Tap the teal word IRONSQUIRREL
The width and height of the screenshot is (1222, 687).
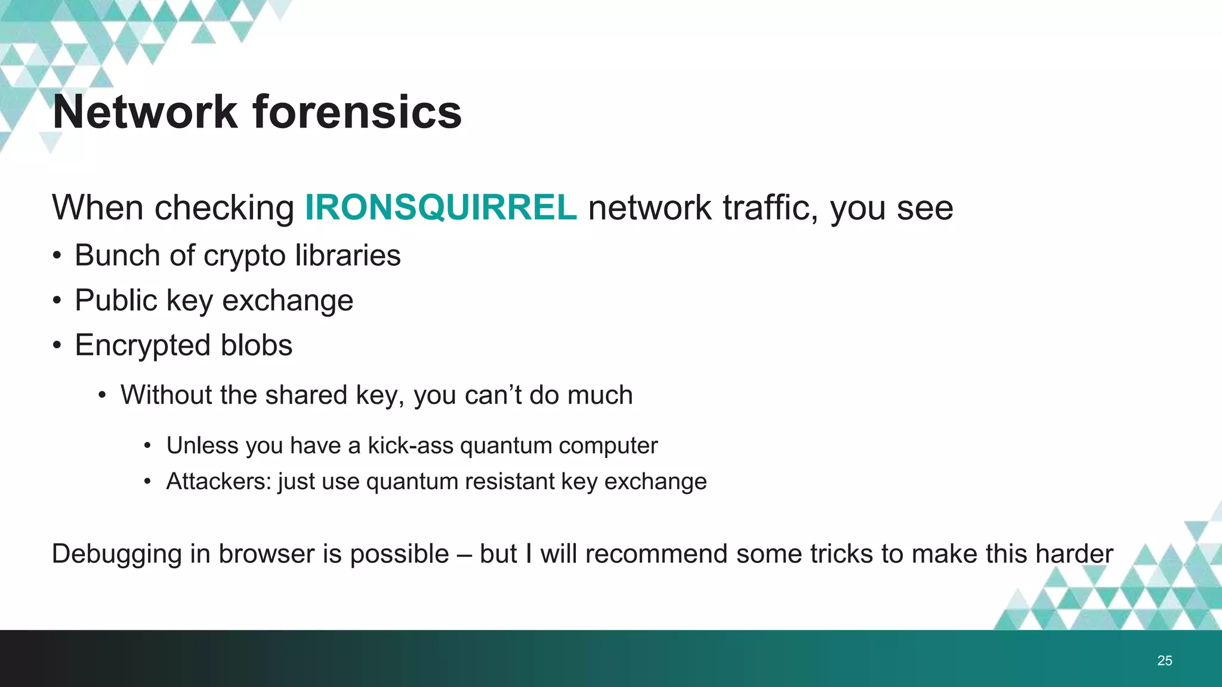pyautogui.click(x=440, y=208)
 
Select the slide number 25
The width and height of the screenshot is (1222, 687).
pyautogui.click(x=1164, y=660)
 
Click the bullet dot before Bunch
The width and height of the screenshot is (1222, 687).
pyautogui.click(x=57, y=256)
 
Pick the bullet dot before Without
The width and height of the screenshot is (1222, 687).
pyautogui.click(x=103, y=395)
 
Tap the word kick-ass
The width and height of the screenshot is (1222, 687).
pyautogui.click(x=410, y=445)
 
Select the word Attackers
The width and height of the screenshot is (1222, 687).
pyautogui.click(x=219, y=481)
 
